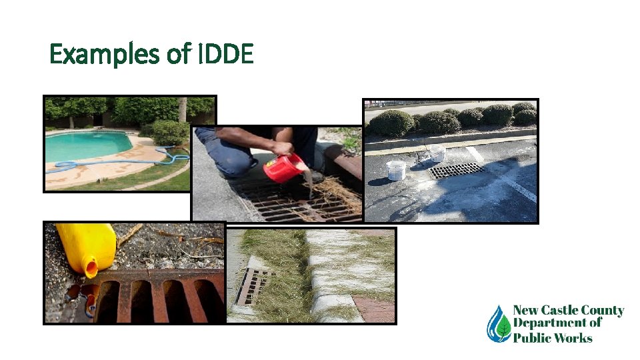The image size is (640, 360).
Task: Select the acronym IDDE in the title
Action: point(226,54)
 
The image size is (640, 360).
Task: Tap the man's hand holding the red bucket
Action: point(283,149)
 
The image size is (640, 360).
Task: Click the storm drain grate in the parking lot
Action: point(456,171)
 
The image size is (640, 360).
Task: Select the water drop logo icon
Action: point(498,323)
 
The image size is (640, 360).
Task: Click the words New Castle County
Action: point(568,311)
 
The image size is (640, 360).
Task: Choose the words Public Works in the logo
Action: point(552,337)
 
